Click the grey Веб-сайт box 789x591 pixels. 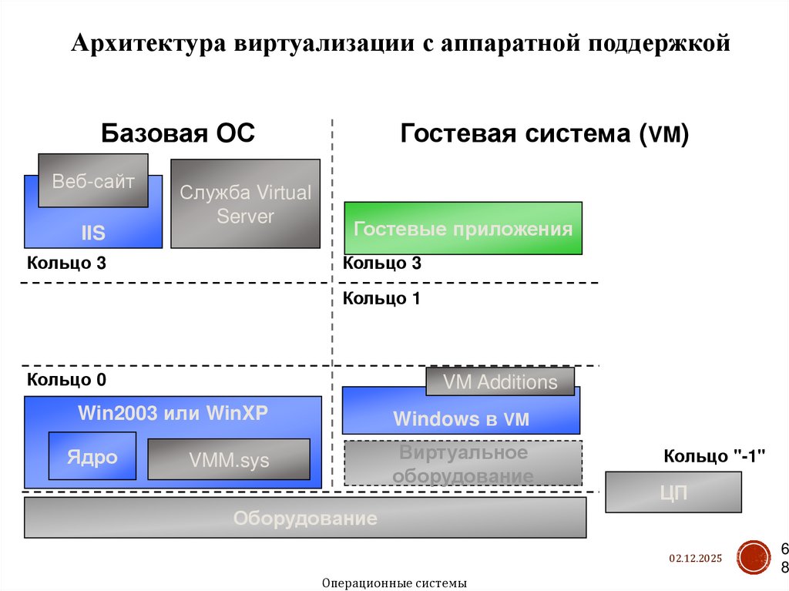point(93,181)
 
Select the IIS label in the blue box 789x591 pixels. point(93,233)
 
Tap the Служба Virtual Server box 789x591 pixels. point(245,203)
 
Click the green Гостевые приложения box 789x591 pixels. point(462,229)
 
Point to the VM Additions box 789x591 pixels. point(500,381)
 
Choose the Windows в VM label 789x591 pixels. point(461,419)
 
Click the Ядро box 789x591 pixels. point(92,456)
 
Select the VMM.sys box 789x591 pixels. point(229,461)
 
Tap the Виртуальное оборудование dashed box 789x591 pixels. point(462,463)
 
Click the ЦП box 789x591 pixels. point(673,492)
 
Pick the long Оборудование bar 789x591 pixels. point(305,518)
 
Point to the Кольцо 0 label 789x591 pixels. point(66,379)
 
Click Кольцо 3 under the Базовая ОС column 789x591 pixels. point(66,263)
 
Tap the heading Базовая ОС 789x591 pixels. point(177,134)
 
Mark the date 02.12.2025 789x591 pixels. point(694,557)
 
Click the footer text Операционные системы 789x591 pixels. point(394,583)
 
